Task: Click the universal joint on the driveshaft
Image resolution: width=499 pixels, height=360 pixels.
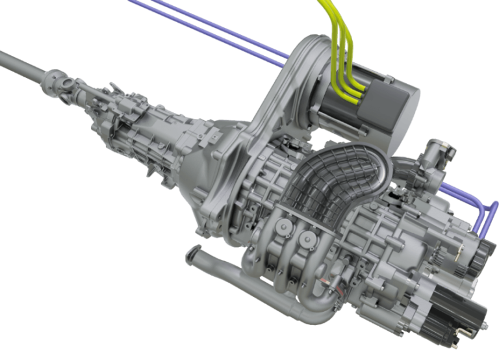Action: [x=62, y=82]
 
